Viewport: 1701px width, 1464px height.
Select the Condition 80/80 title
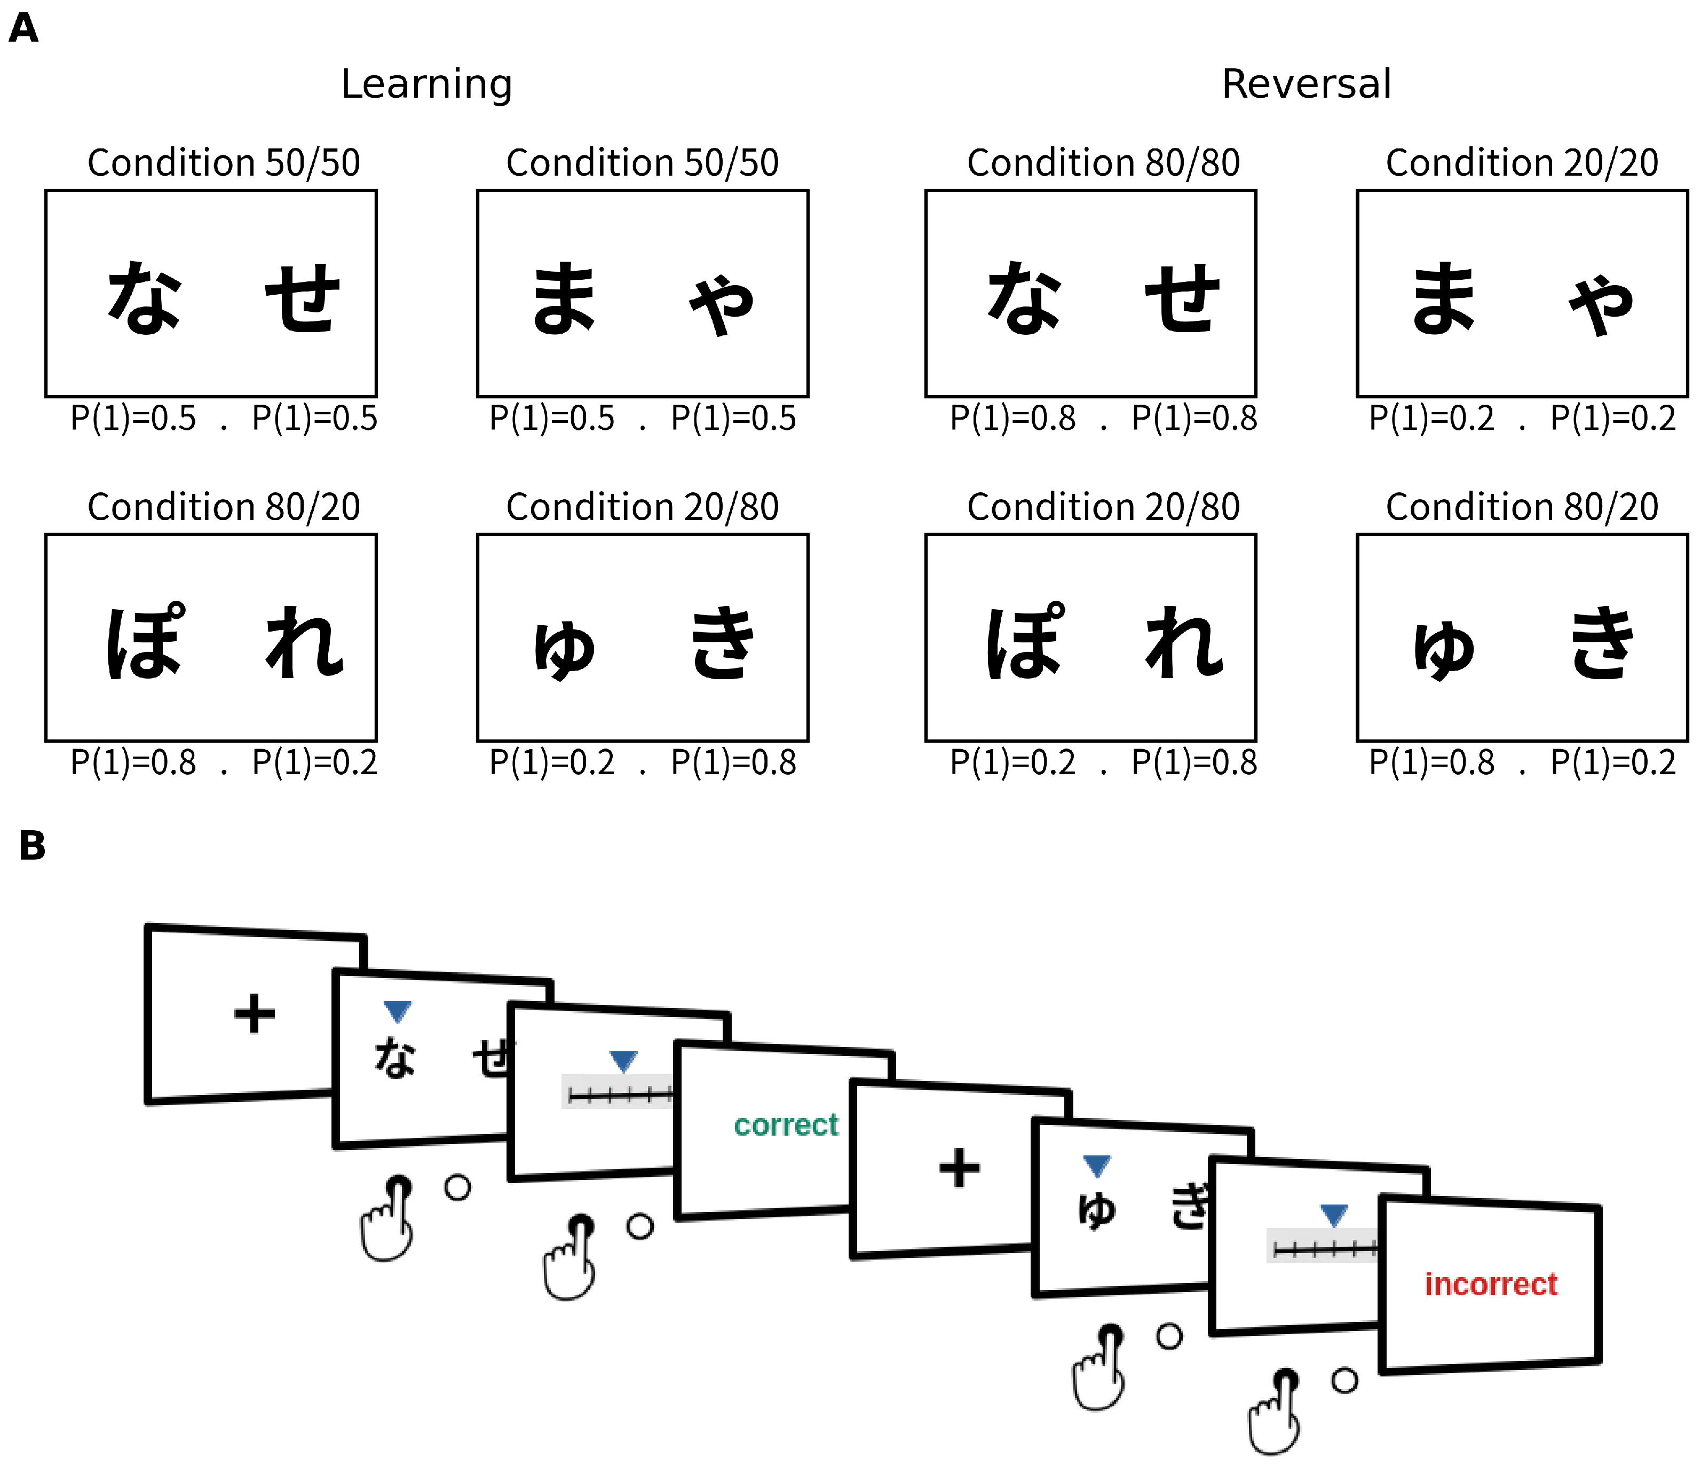[1103, 162]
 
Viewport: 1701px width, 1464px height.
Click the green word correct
[786, 1125]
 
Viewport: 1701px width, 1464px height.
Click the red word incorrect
[1490, 1284]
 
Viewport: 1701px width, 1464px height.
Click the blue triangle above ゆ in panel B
[1097, 1165]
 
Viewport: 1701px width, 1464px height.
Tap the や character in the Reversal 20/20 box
[1600, 304]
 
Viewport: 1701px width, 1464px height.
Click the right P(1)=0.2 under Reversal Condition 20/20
[1612, 419]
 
